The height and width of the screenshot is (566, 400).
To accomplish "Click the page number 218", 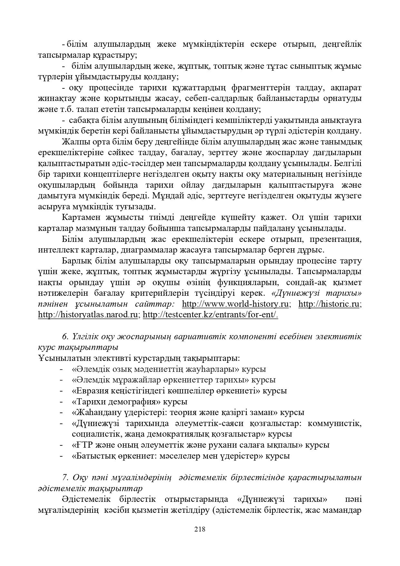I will [200, 529].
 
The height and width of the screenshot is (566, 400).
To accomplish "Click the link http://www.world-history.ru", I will [235, 304].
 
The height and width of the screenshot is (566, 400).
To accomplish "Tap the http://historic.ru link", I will [329, 304].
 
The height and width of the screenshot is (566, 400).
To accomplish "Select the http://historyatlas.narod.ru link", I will [88, 315].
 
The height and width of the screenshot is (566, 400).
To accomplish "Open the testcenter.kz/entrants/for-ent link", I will [210, 315].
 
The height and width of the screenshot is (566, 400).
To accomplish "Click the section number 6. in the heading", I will [65, 336].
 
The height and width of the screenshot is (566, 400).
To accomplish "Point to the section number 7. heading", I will [65, 477].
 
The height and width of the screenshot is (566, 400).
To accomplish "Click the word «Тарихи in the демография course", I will [85, 402].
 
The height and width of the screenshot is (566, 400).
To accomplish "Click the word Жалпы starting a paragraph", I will [73, 142].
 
